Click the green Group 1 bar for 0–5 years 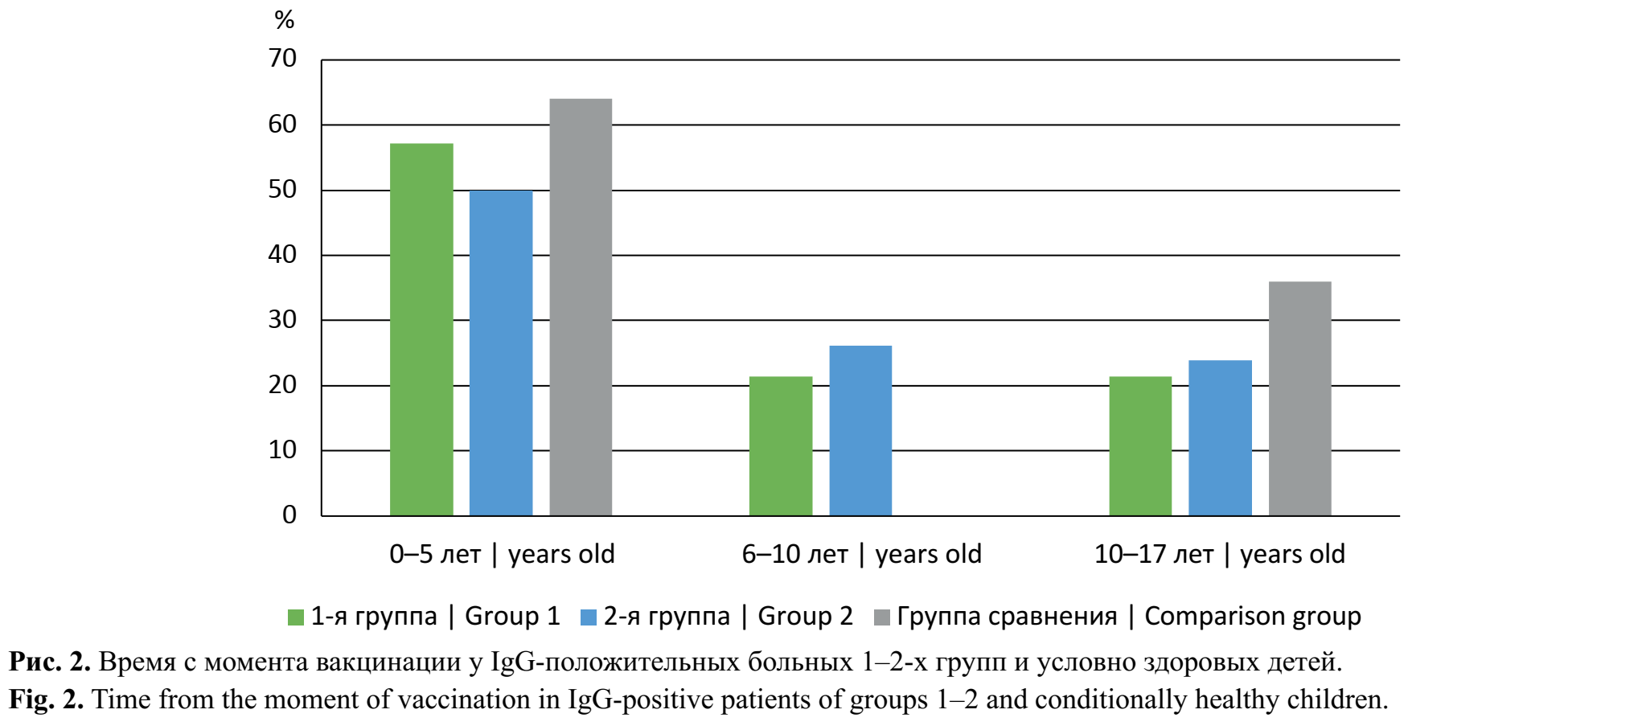[421, 330]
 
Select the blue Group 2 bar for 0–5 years [501, 353]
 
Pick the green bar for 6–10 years [781, 446]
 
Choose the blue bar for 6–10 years [860, 431]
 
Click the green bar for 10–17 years [1140, 446]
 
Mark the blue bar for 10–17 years [1220, 438]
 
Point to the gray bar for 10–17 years [1299, 399]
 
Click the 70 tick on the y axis [282, 59]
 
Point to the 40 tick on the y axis [282, 255]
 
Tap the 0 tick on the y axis [289, 515]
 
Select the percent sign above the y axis [285, 20]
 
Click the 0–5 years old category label [502, 554]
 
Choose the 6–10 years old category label [861, 554]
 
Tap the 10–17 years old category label [1219, 554]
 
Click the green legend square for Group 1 [296, 617]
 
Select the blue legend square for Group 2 [589, 617]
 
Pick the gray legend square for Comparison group [881, 617]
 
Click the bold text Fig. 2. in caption [47, 699]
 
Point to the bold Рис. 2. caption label [49, 662]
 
